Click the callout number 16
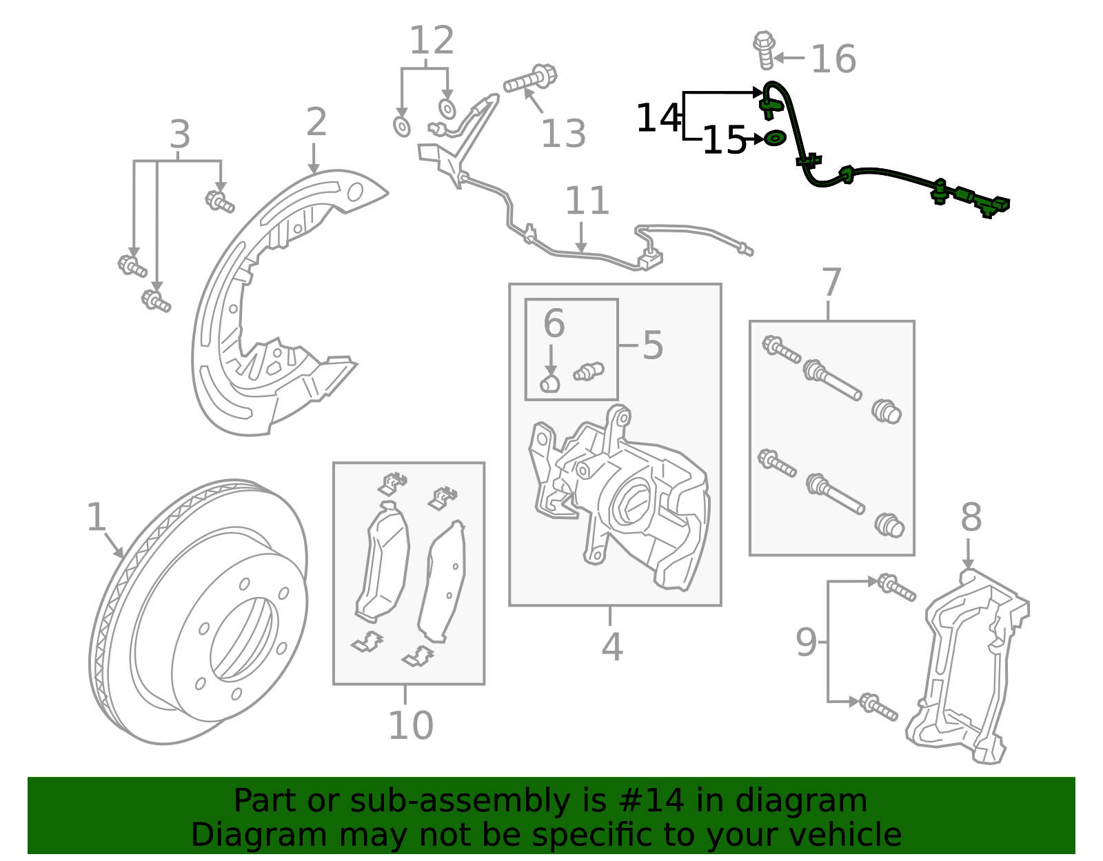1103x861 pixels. pos(833,59)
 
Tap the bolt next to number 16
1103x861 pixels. pos(765,50)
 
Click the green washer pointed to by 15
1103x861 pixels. pos(775,139)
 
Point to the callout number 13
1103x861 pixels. pos(563,134)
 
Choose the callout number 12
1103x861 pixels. pos(432,41)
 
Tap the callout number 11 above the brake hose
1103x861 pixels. pos(587,201)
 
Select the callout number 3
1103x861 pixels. pos(179,134)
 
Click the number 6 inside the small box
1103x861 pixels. pos(554,323)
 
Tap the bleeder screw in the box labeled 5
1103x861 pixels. pos(589,372)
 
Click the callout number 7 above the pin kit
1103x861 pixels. pos(831,283)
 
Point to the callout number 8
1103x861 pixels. pos(971,517)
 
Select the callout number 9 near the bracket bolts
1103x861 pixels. pos(806,642)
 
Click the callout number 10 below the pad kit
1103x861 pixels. pos(411,725)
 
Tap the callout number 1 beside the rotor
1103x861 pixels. pos(96,517)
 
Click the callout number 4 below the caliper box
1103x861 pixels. pos(611,647)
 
